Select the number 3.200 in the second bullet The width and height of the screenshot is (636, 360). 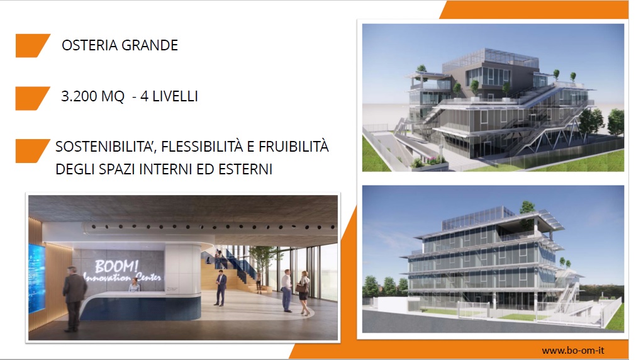[79, 96]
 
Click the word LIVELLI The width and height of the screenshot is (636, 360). [175, 96]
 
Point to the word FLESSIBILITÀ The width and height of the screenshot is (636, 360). [202, 146]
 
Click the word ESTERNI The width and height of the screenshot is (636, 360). [245, 169]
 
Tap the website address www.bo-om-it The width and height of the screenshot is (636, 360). [572, 351]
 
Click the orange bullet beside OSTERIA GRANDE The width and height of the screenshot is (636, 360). [33, 45]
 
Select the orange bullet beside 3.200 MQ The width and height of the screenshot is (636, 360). [33, 98]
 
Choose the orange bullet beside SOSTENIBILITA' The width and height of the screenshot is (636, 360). [33, 151]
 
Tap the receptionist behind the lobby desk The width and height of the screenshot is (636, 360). [134, 286]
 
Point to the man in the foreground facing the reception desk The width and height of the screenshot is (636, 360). [74, 298]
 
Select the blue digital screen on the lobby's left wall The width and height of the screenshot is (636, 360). [37, 278]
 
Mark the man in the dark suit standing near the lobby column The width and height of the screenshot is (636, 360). [221, 288]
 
